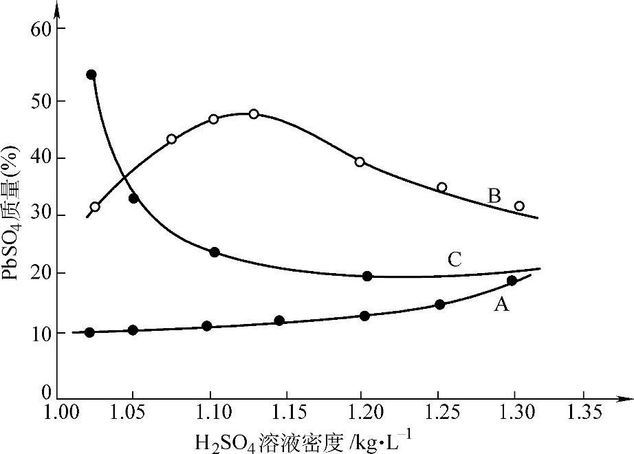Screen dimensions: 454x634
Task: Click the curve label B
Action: point(494,196)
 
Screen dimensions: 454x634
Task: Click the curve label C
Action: point(455,259)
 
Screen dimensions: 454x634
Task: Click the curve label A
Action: point(501,305)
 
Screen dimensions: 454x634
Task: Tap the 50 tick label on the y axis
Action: point(43,100)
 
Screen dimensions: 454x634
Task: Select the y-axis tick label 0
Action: point(47,393)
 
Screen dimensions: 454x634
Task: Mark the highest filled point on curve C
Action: point(91,74)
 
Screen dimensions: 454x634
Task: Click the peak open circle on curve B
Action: point(254,113)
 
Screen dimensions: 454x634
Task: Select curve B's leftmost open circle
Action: point(95,206)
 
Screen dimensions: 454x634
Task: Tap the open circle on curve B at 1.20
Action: point(360,162)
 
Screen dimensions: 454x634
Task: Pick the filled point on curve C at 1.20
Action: point(367,276)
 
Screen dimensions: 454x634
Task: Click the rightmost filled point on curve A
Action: point(512,280)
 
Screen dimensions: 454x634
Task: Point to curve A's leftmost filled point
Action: point(89,332)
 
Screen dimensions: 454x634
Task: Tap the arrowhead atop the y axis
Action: point(58,8)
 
